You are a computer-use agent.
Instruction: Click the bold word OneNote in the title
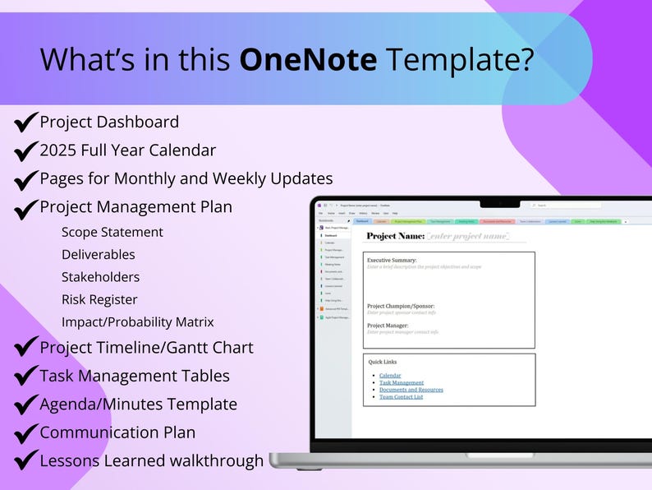pyautogui.click(x=309, y=59)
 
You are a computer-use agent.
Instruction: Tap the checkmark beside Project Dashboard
pyautogui.click(x=26, y=123)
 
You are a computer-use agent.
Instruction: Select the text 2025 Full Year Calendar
pyautogui.click(x=127, y=150)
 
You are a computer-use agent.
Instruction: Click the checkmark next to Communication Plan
pyautogui.click(x=26, y=432)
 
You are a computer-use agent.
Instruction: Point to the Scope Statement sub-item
pyautogui.click(x=112, y=233)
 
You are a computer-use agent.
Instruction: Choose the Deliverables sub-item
pyautogui.click(x=98, y=255)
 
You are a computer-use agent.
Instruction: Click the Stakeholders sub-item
pyautogui.click(x=100, y=277)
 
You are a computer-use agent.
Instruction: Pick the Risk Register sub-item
pyautogui.click(x=99, y=299)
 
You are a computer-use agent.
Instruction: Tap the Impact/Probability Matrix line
pyautogui.click(x=137, y=321)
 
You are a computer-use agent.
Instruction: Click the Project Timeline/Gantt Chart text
pyautogui.click(x=146, y=348)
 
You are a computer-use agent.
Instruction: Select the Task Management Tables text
pyautogui.click(x=135, y=376)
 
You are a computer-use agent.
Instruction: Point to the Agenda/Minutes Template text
pyautogui.click(x=138, y=404)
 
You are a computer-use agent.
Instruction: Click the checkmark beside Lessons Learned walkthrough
pyautogui.click(x=26, y=460)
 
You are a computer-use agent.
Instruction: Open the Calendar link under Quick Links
pyautogui.click(x=390, y=376)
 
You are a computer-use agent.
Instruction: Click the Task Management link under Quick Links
pyautogui.click(x=402, y=383)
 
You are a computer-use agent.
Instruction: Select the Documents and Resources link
pyautogui.click(x=411, y=390)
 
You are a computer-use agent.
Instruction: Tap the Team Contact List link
pyautogui.click(x=401, y=397)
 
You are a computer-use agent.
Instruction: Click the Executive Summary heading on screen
pyautogui.click(x=392, y=260)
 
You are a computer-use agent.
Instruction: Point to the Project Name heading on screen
pyautogui.click(x=395, y=236)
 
